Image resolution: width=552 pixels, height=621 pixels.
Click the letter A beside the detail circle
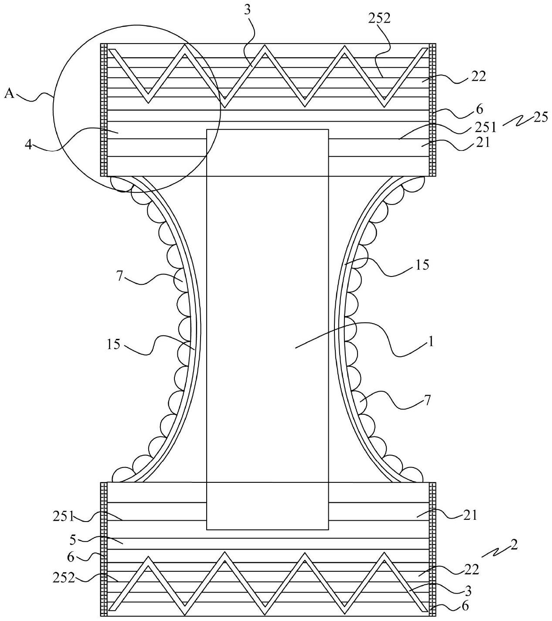click(10, 93)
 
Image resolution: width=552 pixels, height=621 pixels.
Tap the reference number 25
click(541, 117)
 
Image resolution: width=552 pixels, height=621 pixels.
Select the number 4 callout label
click(28, 145)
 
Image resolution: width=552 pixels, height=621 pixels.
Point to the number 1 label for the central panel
click(431, 341)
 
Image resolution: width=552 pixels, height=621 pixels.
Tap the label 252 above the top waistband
click(379, 19)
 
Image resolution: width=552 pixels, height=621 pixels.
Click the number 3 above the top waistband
click(247, 10)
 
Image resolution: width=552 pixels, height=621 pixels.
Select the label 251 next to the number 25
click(486, 127)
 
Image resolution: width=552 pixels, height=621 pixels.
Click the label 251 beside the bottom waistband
click(64, 517)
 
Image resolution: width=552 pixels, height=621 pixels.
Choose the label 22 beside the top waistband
click(479, 77)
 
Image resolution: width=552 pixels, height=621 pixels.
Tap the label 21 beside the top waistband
click(483, 143)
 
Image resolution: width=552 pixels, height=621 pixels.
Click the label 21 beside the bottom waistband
click(470, 515)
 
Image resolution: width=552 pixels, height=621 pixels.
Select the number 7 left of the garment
click(119, 276)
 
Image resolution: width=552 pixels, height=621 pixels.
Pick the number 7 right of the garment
click(428, 400)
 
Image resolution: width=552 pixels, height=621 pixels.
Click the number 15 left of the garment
click(113, 345)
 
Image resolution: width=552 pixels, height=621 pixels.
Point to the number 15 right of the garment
click(422, 265)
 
